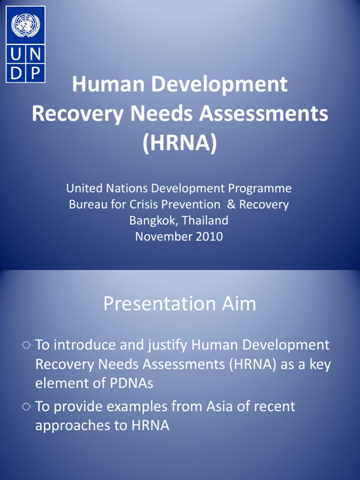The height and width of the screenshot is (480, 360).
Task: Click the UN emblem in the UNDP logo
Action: (25, 25)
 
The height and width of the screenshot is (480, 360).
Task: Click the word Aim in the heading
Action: (238, 304)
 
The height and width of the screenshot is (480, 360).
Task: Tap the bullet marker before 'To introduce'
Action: (26, 346)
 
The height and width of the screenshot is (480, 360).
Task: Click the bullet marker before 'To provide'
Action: (26, 407)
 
